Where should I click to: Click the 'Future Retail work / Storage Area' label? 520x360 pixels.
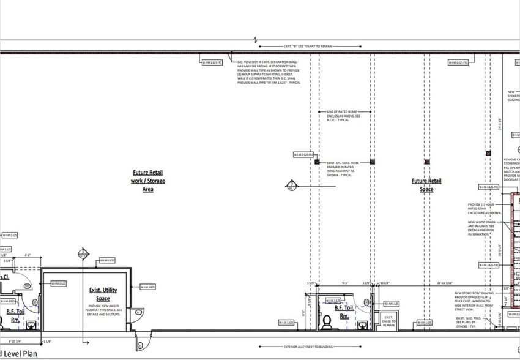147,181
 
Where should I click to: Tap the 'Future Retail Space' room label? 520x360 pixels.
426,185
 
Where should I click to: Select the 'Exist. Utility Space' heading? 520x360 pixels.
103,294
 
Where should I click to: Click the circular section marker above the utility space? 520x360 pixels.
83,253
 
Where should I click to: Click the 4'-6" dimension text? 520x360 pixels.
28,255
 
